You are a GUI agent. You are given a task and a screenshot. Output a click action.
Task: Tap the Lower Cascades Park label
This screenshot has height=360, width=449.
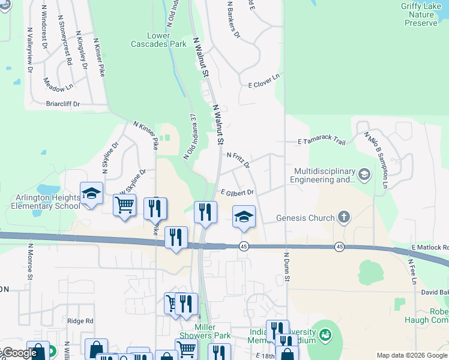click(x=159, y=40)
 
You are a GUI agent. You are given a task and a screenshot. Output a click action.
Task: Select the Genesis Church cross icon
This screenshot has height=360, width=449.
click(x=344, y=217)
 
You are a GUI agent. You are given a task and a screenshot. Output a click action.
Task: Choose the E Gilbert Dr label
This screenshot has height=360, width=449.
click(x=237, y=193)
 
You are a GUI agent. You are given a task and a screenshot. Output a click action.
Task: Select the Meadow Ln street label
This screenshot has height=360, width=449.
click(x=58, y=86)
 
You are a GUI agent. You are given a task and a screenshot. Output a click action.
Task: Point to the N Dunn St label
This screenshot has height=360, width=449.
click(x=286, y=268)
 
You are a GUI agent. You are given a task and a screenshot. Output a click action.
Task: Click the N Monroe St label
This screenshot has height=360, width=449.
click(x=29, y=262)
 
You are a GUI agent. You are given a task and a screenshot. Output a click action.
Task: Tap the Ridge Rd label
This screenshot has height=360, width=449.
click(x=80, y=321)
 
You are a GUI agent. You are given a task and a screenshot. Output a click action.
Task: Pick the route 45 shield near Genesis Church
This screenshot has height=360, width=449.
click(x=339, y=247)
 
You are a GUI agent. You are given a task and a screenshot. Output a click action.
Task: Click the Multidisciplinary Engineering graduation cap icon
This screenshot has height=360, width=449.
click(x=364, y=175)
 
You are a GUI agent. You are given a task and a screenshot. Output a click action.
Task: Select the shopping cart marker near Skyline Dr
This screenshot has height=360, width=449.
click(x=124, y=205)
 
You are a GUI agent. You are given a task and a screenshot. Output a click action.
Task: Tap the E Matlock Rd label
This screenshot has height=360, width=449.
click(x=430, y=247)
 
